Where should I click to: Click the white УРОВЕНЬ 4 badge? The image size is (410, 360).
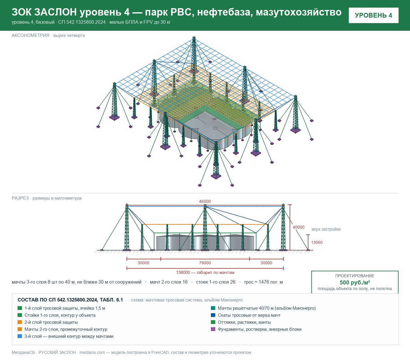374,16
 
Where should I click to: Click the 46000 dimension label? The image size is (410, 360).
205,201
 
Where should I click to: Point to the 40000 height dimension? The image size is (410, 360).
298,227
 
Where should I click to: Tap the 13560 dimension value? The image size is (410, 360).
317,242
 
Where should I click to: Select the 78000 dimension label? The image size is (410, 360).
205,263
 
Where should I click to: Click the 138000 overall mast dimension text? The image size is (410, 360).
205,272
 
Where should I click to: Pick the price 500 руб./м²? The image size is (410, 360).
355,282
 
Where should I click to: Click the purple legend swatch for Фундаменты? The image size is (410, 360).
213,329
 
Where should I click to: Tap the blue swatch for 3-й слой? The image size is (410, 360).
20,336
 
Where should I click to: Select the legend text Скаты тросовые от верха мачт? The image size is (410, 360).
249,315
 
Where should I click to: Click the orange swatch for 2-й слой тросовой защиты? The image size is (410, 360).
20,322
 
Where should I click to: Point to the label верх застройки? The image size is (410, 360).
326,229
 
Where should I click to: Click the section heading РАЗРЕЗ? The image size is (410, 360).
20,198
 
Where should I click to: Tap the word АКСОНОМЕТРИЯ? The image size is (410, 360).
30,35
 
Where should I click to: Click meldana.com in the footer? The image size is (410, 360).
92,352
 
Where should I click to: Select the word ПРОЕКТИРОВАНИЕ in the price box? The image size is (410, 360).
355,276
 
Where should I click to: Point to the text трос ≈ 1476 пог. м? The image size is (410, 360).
263,282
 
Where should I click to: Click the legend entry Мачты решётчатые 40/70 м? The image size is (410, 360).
267,308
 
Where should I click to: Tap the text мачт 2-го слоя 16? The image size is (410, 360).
169,282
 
